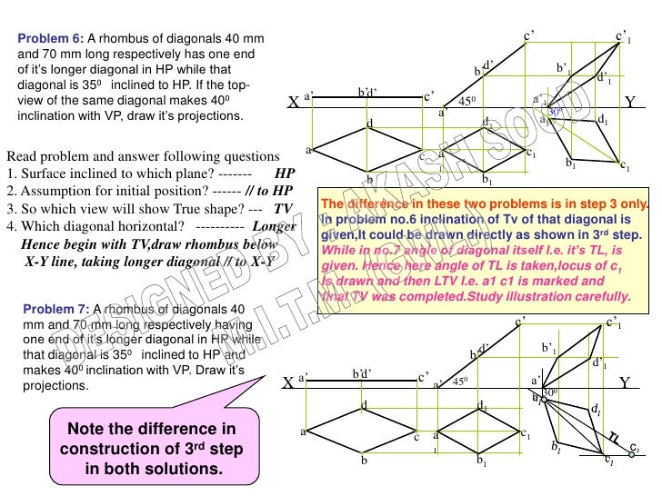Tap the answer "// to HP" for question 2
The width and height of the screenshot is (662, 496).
268,191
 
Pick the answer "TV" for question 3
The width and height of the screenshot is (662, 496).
284,208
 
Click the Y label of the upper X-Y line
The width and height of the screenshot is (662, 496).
630,102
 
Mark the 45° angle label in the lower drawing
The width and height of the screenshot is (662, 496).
459,382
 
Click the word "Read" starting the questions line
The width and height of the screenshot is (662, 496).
22,154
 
